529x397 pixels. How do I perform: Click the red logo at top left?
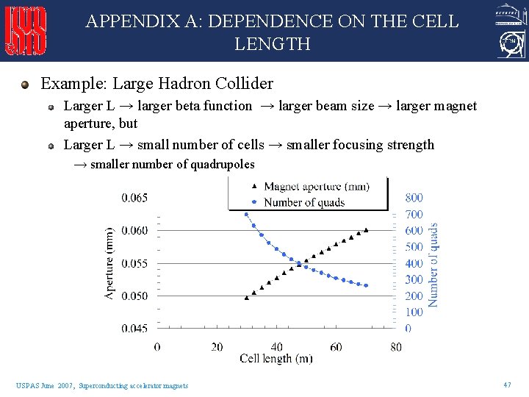[x=26, y=31]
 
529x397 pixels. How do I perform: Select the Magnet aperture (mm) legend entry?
[x=309, y=187]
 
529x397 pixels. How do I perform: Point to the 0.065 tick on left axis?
[x=134, y=198]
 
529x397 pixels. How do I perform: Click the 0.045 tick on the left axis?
[x=134, y=329]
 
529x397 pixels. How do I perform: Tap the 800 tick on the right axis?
[x=414, y=198]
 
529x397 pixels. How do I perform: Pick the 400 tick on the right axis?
[x=414, y=263]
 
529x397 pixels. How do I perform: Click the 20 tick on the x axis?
[x=217, y=346]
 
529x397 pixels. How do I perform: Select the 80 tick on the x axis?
[x=396, y=346]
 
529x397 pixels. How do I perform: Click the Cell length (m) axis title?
[x=276, y=359]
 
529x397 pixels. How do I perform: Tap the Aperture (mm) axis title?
[x=109, y=262]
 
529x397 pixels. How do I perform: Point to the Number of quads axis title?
[x=433, y=265]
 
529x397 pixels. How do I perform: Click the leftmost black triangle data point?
[x=247, y=298]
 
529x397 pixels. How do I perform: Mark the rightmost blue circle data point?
[x=366, y=285]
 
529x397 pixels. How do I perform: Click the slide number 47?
[x=507, y=385]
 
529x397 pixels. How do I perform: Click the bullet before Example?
[x=26, y=85]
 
